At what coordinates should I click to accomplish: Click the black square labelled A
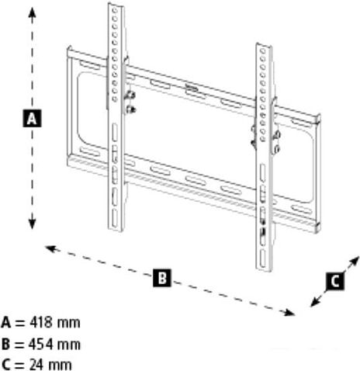tap(32, 119)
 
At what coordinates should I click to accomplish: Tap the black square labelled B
tap(162, 278)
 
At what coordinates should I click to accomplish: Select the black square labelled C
tap(335, 281)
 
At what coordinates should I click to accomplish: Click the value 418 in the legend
tap(41, 323)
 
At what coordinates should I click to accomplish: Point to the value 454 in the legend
tap(41, 344)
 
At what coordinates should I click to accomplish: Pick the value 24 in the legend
tap(36, 365)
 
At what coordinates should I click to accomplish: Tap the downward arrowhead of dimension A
tap(32, 224)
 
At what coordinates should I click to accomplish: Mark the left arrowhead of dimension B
tap(50, 249)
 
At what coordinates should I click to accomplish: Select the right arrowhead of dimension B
tap(289, 313)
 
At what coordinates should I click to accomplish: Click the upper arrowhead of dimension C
tap(355, 261)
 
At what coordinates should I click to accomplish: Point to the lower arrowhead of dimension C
tap(315, 302)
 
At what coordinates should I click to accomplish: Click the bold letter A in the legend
tap(5, 323)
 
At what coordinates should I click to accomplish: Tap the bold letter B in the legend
tap(5, 345)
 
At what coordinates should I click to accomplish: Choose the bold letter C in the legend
tap(5, 365)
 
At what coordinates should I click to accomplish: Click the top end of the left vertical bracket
tap(116, 5)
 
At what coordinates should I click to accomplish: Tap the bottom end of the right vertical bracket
tap(264, 269)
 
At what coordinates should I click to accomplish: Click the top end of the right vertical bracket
tap(264, 46)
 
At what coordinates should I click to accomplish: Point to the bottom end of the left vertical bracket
tap(116, 230)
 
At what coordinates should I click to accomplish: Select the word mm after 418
tap(68, 324)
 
